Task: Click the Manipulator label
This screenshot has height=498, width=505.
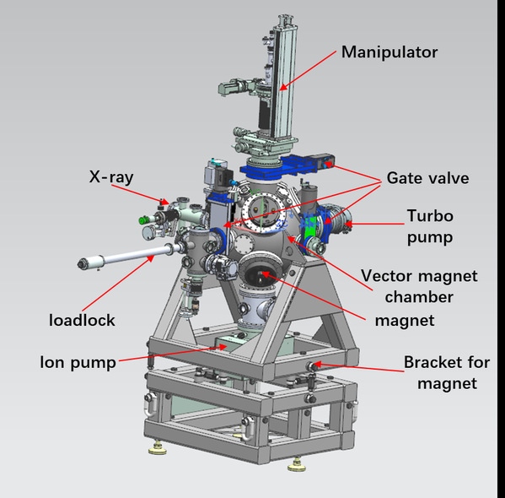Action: click(389, 52)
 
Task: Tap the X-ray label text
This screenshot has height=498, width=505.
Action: click(111, 177)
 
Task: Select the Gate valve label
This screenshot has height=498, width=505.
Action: click(427, 178)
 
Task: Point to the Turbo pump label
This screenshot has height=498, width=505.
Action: click(430, 226)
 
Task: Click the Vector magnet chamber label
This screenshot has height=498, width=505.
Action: click(419, 286)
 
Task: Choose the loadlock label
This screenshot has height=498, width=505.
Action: click(82, 320)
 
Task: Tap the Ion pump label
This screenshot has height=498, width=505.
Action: click(78, 363)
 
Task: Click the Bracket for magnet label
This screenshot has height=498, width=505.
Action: click(447, 373)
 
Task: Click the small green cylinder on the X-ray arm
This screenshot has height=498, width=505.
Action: click(142, 220)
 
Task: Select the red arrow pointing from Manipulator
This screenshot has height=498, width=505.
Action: click(309, 70)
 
